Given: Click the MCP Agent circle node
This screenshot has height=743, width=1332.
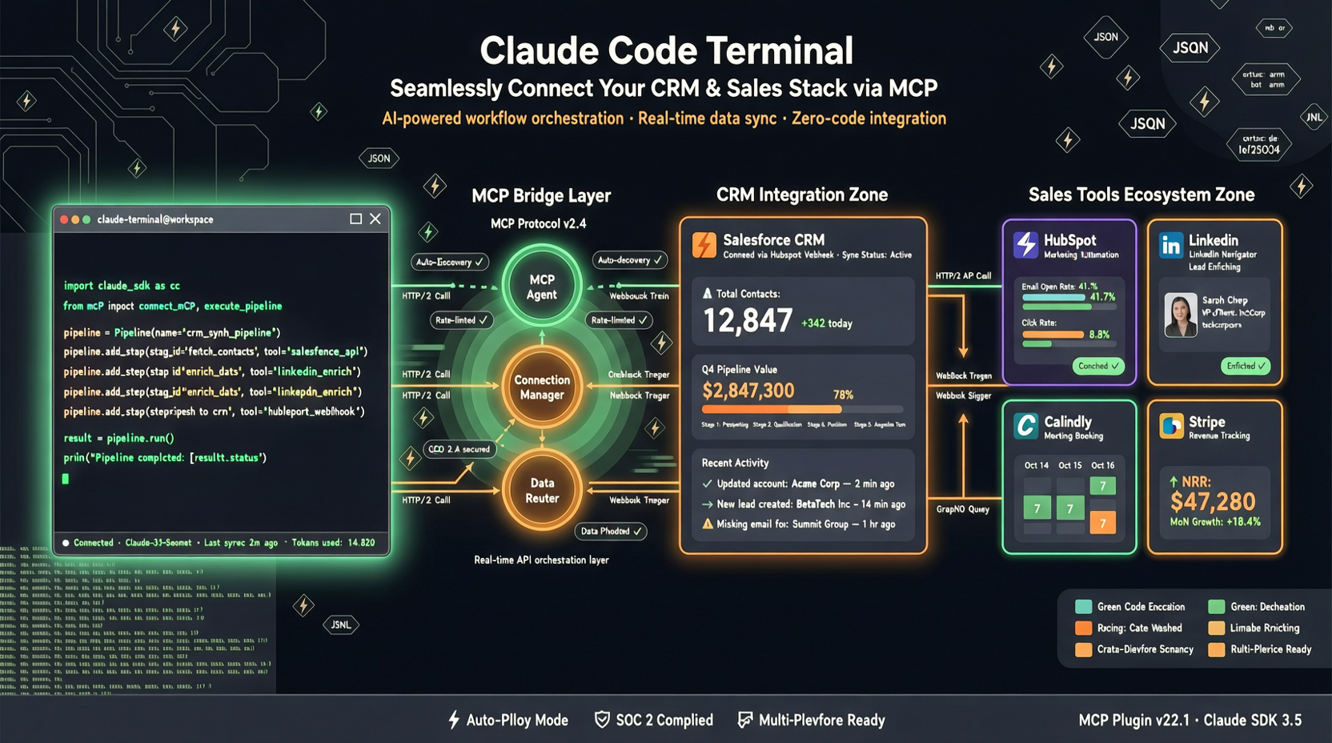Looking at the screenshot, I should pyautogui.click(x=542, y=287).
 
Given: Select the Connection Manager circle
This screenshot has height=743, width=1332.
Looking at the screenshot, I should pyautogui.click(x=542, y=388).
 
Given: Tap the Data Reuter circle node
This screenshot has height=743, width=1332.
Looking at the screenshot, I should pyautogui.click(x=542, y=490).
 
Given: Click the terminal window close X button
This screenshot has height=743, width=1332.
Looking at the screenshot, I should pyautogui.click(x=375, y=219).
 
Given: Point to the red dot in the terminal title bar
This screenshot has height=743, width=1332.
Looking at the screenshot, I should pyautogui.click(x=64, y=219).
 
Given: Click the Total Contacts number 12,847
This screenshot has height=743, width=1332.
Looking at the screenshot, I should pyautogui.click(x=747, y=321).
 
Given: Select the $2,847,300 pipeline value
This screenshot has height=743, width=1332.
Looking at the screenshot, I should pyautogui.click(x=748, y=391).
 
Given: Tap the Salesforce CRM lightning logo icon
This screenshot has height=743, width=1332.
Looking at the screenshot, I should pyautogui.click(x=704, y=245).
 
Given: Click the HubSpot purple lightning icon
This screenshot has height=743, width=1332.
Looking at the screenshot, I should pyautogui.click(x=1025, y=244).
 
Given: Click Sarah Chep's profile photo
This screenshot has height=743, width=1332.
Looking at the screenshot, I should pyautogui.click(x=1180, y=315).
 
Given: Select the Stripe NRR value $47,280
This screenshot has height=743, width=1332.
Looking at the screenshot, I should pyautogui.click(x=1213, y=502).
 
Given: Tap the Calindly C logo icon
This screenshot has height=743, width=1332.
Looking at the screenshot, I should pyautogui.click(x=1025, y=426).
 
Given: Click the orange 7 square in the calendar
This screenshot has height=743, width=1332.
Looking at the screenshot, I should pyautogui.click(x=1102, y=523).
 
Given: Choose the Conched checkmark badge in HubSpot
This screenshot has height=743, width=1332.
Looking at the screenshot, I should pyautogui.click(x=1098, y=366).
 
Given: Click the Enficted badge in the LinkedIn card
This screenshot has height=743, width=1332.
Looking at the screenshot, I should pyautogui.click(x=1246, y=366).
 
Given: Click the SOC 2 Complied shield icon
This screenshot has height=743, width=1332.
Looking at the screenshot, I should pyautogui.click(x=602, y=720).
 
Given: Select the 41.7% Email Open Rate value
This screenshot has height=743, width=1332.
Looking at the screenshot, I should pyautogui.click(x=1102, y=297).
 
